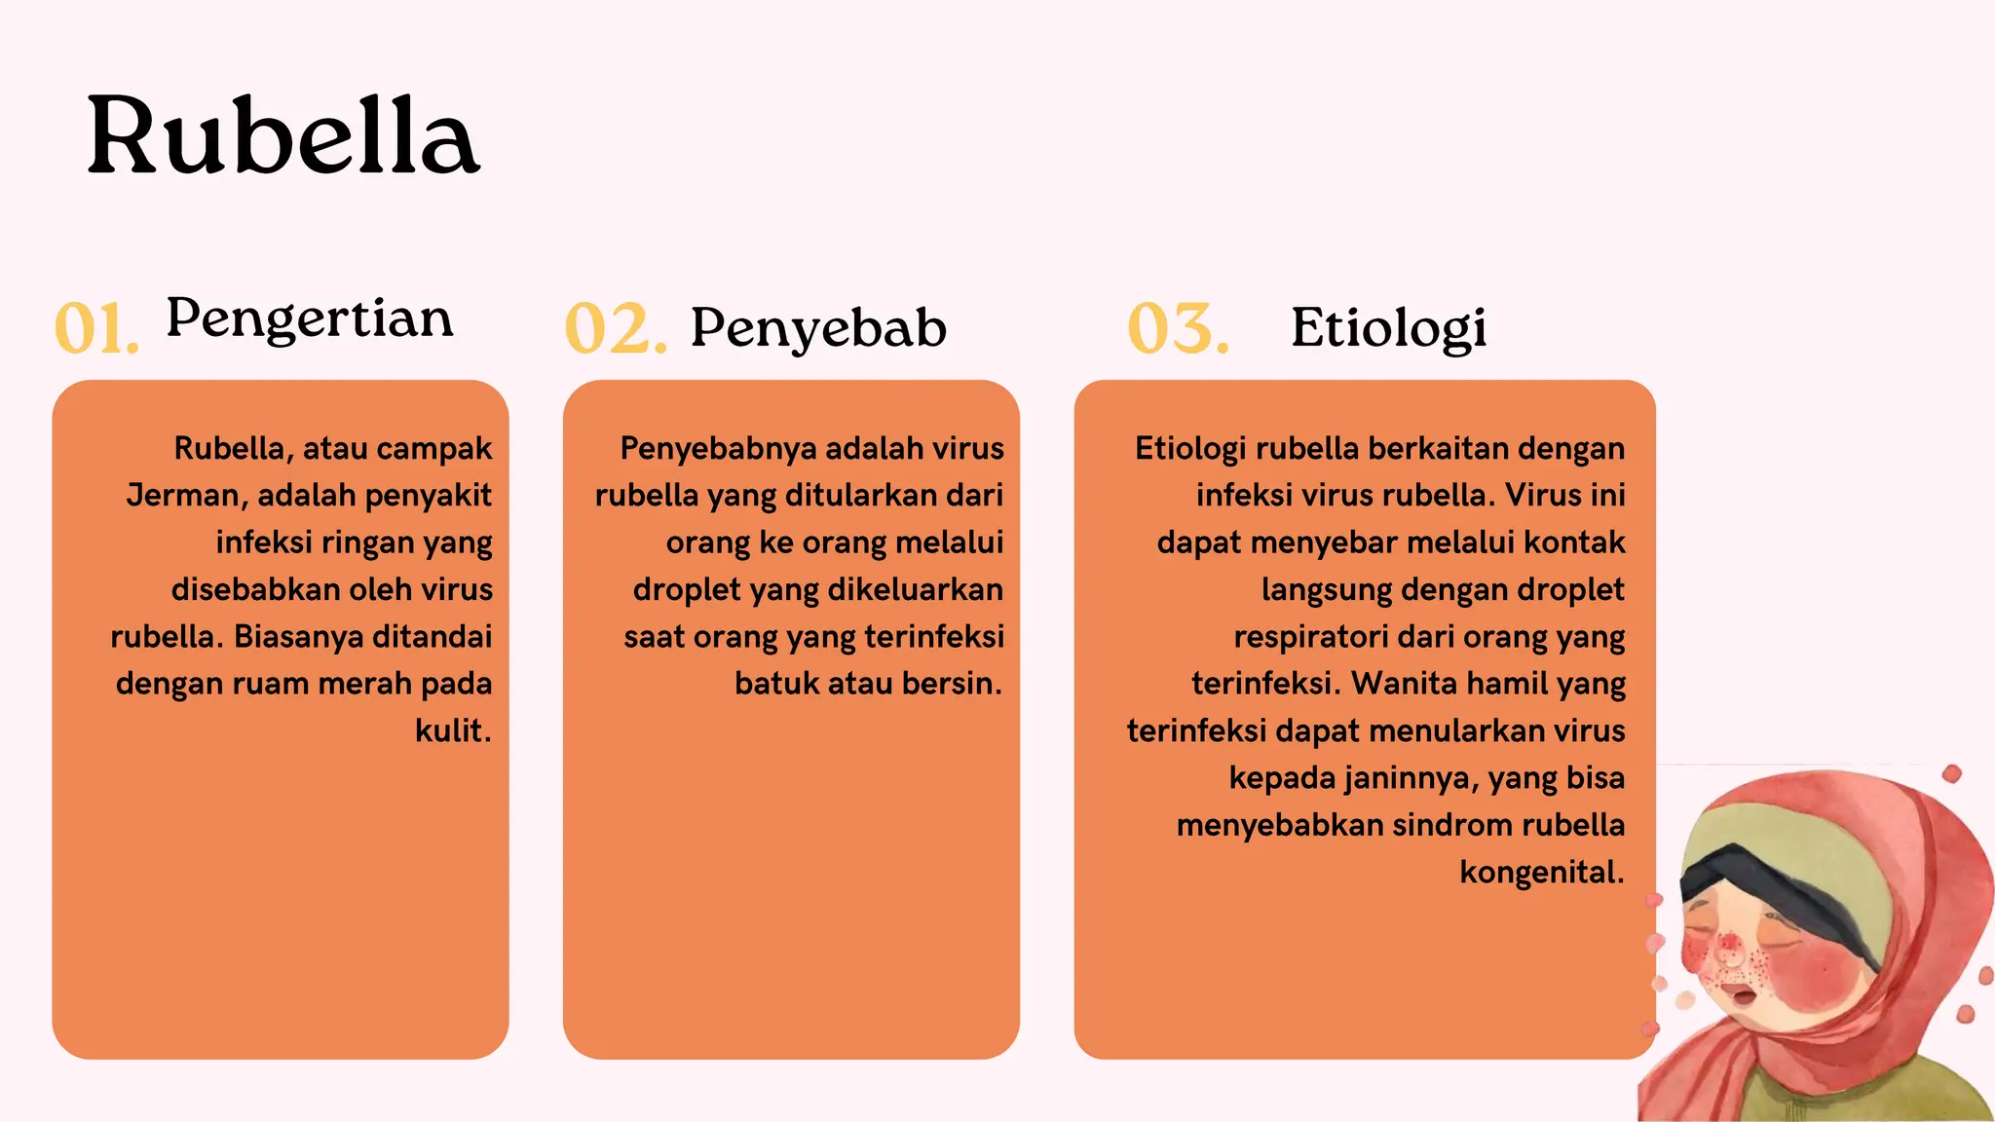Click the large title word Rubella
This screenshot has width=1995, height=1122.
tap(283, 136)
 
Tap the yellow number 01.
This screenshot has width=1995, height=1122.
tap(96, 328)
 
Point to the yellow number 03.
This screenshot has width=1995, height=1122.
tap(1178, 328)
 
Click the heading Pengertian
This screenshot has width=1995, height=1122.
tap(310, 319)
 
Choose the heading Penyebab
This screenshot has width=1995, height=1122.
tap(818, 328)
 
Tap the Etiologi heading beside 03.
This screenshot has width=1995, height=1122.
tap(1388, 328)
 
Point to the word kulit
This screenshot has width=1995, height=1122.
tap(452, 730)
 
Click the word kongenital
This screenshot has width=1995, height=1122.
tap(1541, 872)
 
